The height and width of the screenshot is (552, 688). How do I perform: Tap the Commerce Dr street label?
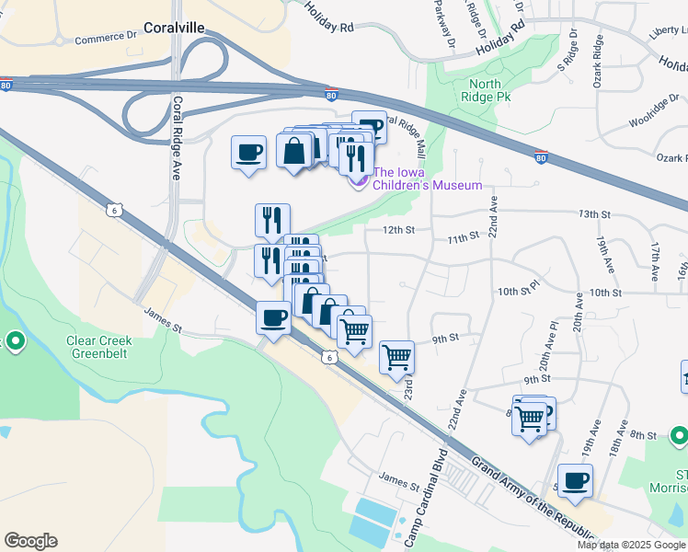105,39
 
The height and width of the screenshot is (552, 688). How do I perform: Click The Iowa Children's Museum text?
427,179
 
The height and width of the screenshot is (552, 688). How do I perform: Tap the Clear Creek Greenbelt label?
99,347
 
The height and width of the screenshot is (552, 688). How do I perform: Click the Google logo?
30,541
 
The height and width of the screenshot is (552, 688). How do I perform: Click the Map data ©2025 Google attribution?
632,545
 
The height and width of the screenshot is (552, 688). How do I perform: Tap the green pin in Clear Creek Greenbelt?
15,343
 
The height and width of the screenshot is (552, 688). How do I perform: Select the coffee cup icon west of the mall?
248,153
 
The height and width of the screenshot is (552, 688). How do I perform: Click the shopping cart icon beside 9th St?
396,357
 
